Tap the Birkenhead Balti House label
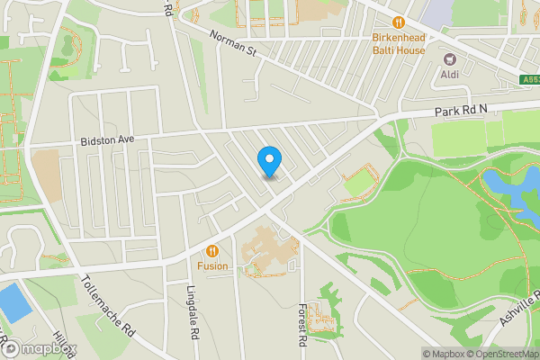click(x=399, y=43)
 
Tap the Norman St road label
click(x=233, y=42)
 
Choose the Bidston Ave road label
click(x=106, y=140)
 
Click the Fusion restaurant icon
click(x=212, y=251)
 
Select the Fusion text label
click(x=212, y=266)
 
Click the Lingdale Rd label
click(x=193, y=311)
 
